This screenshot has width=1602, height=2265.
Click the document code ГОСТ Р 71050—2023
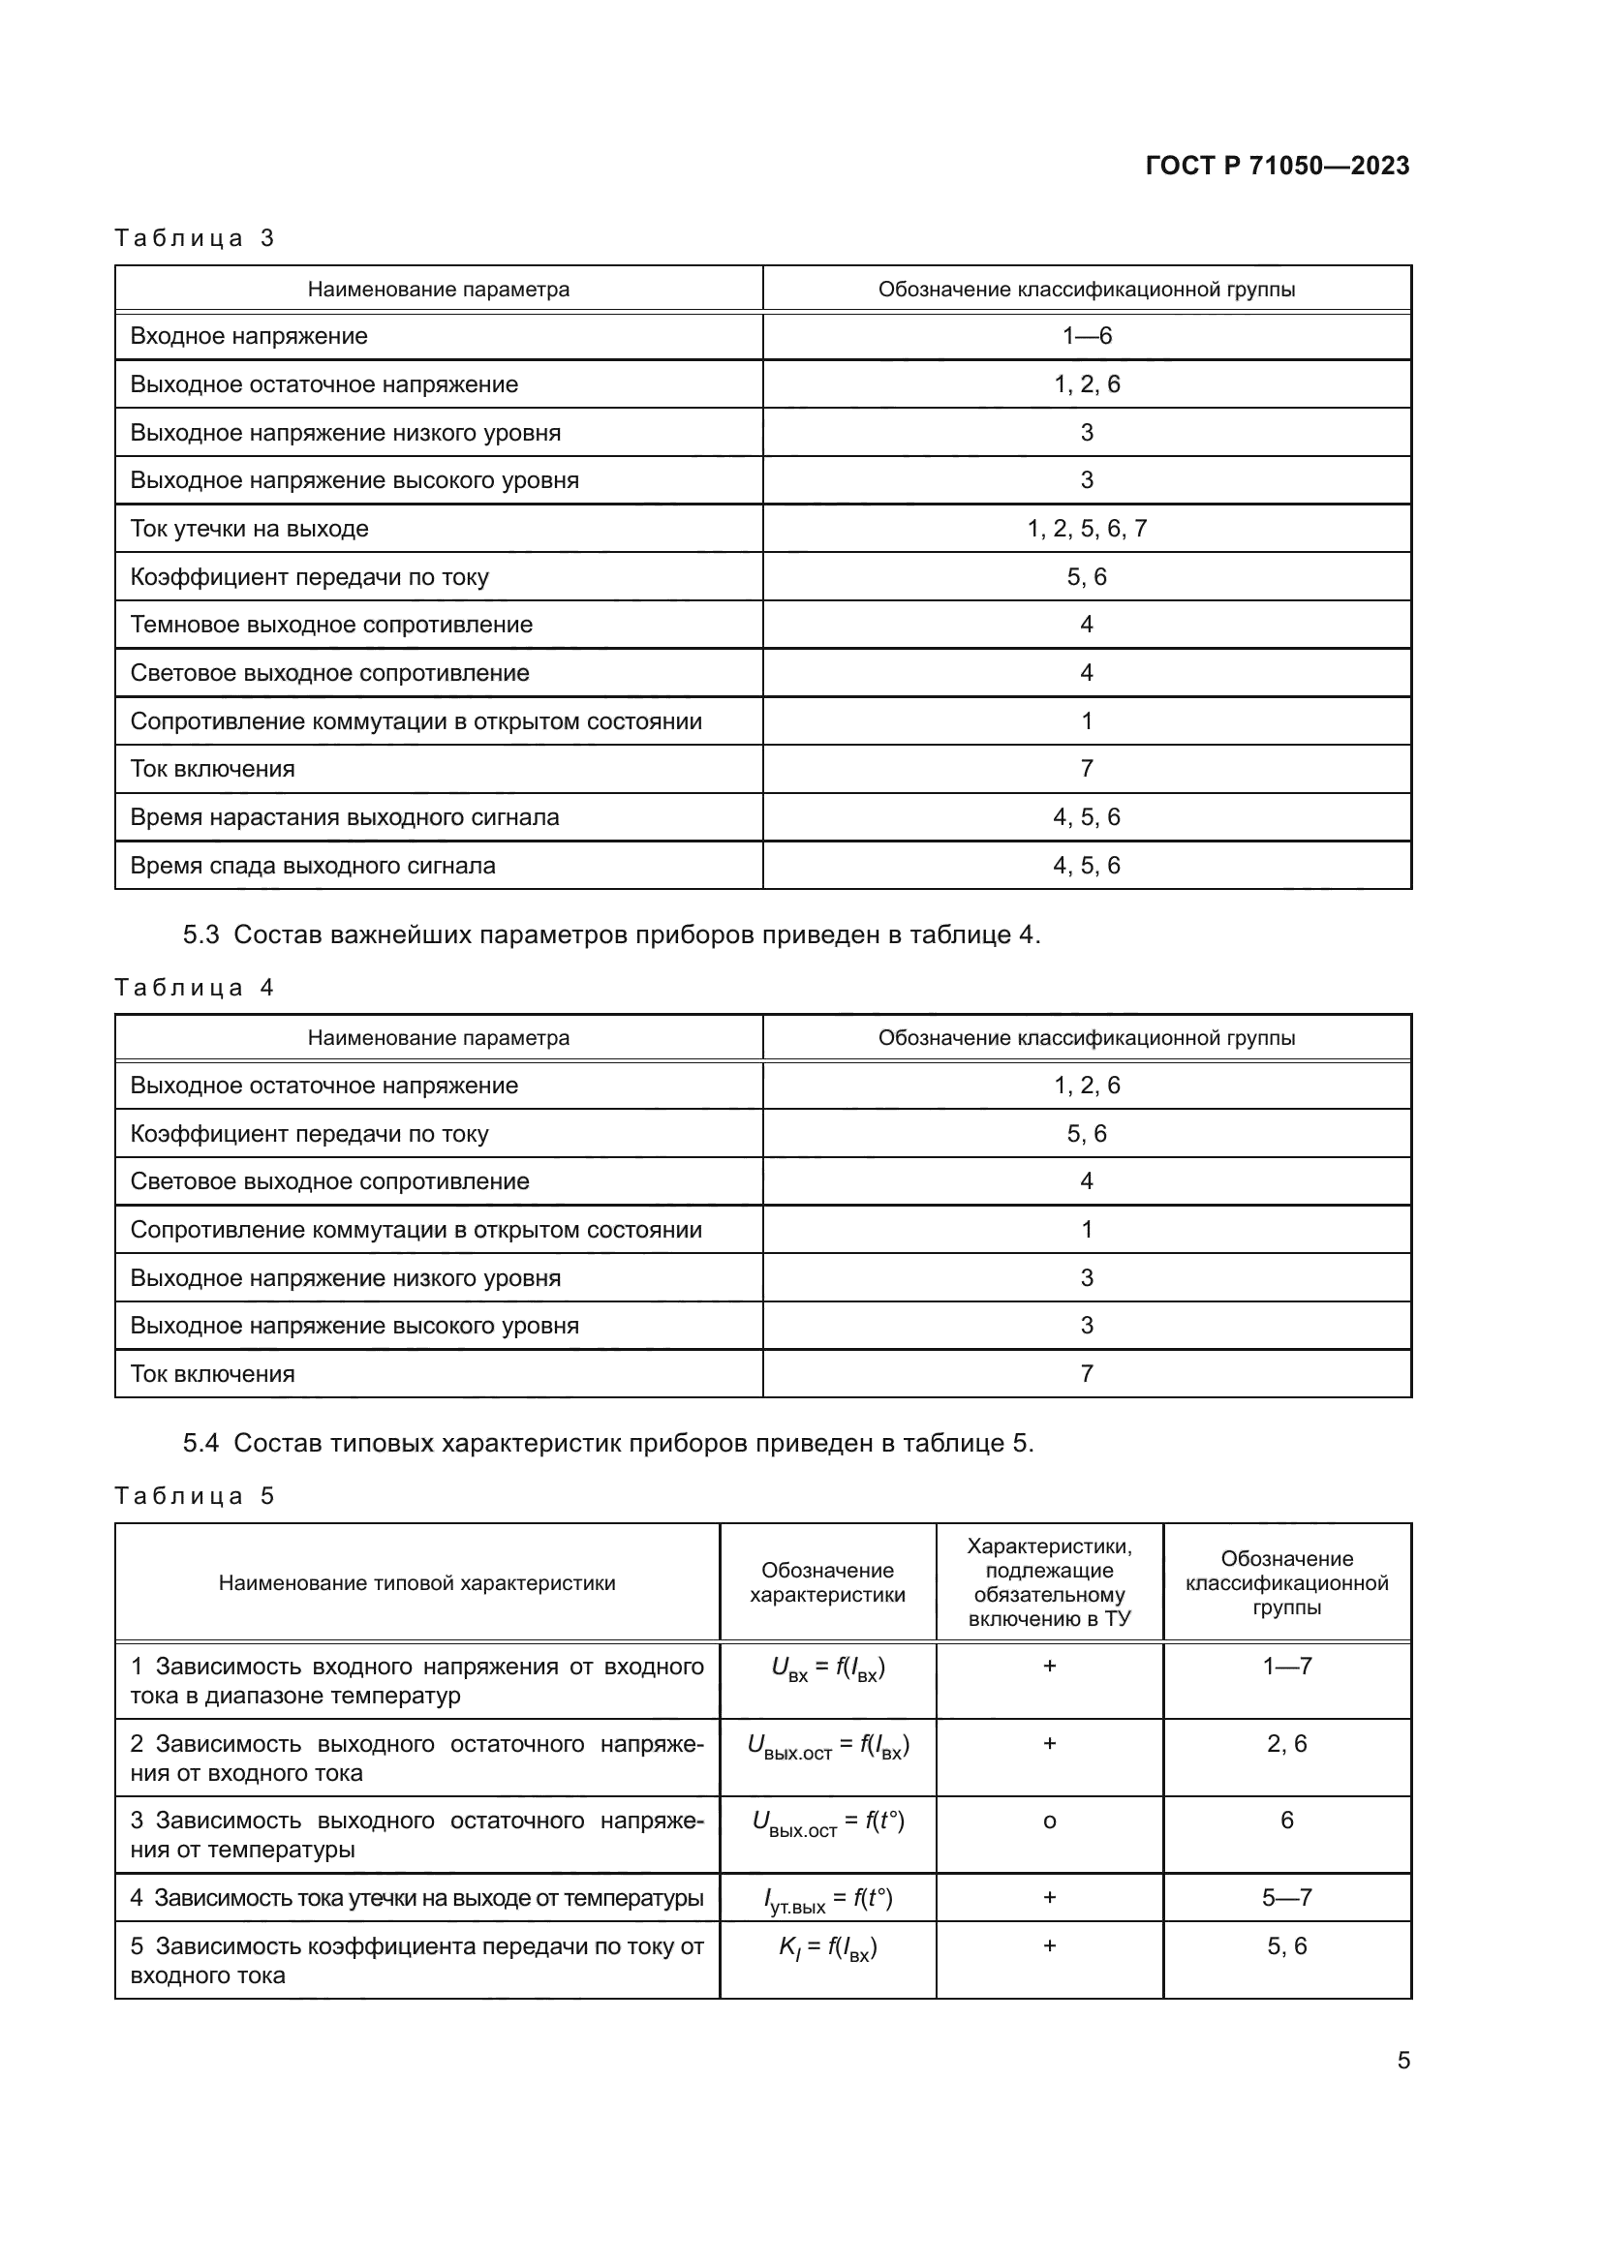[x=1277, y=166]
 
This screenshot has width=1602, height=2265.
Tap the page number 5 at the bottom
[x=1402, y=2060]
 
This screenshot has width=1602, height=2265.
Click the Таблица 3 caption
[x=195, y=238]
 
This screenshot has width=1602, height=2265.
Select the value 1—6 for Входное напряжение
[x=1086, y=336]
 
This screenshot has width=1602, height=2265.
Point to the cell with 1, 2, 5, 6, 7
[x=1086, y=529]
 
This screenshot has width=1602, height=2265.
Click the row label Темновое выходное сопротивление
[x=330, y=625]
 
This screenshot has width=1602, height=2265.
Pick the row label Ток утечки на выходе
[x=249, y=529]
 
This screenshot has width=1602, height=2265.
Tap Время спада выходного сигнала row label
[x=312, y=865]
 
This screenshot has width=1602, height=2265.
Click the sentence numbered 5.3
[x=611, y=934]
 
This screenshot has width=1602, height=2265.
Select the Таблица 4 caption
[x=195, y=988]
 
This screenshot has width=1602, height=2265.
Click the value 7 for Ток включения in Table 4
[x=1086, y=1373]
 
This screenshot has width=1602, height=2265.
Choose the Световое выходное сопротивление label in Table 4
[x=328, y=1180]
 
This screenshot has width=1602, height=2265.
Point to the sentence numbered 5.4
[x=607, y=1443]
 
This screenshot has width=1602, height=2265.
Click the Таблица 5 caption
[x=195, y=1495]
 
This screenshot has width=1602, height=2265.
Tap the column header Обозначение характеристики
[x=826, y=1582]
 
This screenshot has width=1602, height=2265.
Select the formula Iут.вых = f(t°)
[x=826, y=1899]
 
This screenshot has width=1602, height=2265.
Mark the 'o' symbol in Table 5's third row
[x=1049, y=1821]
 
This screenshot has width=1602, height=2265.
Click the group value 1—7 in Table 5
[x=1286, y=1667]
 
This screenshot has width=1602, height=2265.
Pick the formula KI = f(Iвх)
[x=826, y=1947]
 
